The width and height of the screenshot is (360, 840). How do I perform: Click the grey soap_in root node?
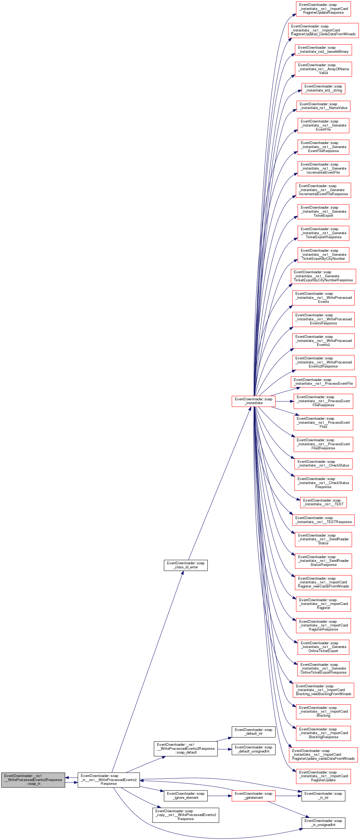[33, 780]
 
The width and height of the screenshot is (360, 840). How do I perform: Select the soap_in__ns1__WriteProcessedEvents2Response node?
[109, 780]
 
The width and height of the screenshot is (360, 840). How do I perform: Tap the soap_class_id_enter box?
[186, 565]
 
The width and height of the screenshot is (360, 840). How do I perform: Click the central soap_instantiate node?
[253, 401]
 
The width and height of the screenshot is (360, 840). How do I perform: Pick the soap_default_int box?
[253, 731]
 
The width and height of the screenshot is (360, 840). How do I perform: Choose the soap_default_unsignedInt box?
[253, 749]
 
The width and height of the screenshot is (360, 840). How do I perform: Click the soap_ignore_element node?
[186, 795]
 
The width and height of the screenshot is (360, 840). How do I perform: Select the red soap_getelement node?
[253, 795]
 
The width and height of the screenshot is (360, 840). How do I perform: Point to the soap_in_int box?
[323, 795]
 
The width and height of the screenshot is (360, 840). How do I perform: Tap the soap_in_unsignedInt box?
[323, 823]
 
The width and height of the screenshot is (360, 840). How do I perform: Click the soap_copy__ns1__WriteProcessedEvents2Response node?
[186, 815]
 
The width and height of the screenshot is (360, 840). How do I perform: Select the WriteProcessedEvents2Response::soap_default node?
[186, 748]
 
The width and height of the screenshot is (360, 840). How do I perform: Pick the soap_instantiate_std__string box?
[323, 88]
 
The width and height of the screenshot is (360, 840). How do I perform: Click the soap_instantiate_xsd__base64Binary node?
[323, 50]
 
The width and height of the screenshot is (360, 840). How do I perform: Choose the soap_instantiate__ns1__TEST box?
[323, 502]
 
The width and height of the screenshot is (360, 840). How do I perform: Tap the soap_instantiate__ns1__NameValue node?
[323, 106]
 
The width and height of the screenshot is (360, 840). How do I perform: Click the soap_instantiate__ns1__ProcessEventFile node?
[323, 381]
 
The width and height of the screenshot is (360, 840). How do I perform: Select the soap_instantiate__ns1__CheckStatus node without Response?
[323, 463]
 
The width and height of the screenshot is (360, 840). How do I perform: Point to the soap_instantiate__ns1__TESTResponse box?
[323, 520]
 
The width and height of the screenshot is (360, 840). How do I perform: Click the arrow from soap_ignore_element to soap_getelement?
[219, 796]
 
